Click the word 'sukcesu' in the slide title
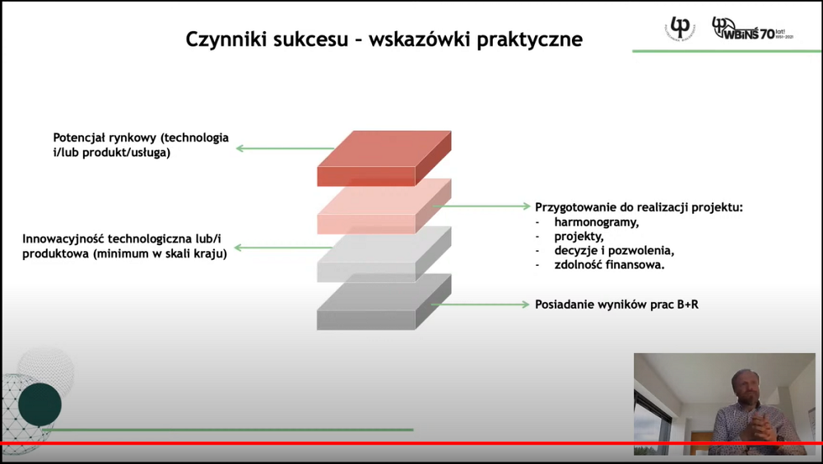(310, 39)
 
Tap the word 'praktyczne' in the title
(529, 39)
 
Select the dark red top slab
(384, 158)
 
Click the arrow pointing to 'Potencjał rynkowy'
(285, 149)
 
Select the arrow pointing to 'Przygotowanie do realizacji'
(481, 206)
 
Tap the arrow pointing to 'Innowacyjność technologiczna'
(283, 248)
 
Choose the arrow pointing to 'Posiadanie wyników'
(481, 304)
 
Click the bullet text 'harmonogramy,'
(597, 223)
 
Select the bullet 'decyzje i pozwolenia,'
(614, 250)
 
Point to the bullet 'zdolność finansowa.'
(609, 265)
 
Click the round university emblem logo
(680, 28)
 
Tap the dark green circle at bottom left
(40, 404)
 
